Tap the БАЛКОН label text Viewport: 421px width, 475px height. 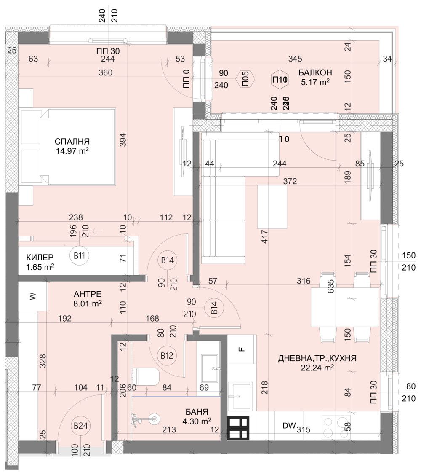pos(314,72)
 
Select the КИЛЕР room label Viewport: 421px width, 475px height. pos(40,257)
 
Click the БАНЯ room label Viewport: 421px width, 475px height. pos(197,411)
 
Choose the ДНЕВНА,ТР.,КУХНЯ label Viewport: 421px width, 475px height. pos(317,358)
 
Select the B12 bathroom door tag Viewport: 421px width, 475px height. pos(167,356)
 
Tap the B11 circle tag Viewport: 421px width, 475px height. pos(80,255)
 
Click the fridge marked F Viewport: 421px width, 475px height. pos(242,349)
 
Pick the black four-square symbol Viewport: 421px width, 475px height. pos(238,429)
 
